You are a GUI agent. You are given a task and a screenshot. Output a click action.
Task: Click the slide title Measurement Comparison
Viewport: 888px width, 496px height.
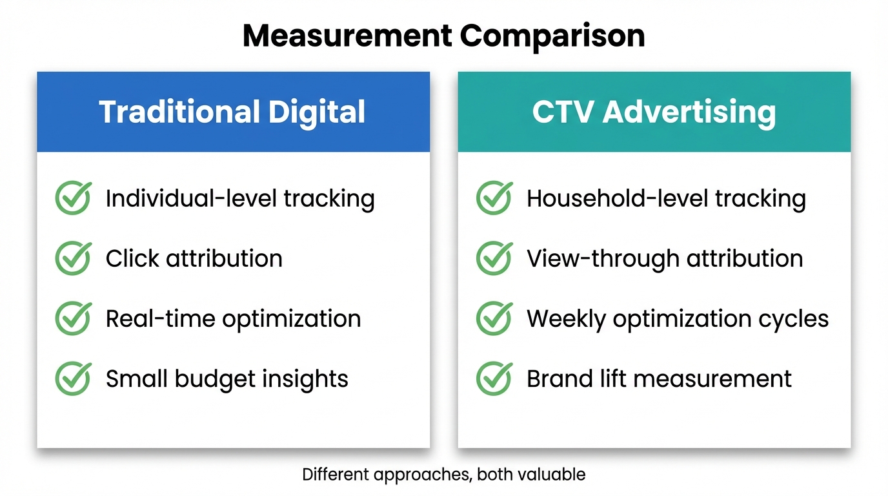coord(443,37)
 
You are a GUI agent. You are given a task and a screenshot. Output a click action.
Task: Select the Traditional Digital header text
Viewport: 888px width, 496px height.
coord(232,112)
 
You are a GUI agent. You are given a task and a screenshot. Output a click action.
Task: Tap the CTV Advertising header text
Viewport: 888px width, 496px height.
coord(654,112)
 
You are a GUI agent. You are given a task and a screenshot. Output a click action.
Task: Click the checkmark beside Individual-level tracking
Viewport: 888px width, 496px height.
coord(73,198)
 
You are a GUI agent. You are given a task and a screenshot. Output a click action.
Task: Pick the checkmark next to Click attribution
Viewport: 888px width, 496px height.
coord(73,258)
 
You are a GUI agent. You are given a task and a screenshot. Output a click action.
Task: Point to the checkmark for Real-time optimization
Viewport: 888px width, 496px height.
coord(73,318)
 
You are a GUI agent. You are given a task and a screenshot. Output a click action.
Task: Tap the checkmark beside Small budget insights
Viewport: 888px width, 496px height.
coord(73,378)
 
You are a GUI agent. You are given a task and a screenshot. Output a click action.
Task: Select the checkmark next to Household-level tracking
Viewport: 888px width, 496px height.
coord(494,198)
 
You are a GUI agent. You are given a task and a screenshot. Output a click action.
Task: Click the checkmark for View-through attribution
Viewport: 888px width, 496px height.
coord(494,258)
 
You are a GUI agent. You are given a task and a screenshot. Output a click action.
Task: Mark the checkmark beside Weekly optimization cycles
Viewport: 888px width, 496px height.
coord(494,318)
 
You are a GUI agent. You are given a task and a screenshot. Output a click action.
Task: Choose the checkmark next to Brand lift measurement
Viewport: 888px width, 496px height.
coord(494,378)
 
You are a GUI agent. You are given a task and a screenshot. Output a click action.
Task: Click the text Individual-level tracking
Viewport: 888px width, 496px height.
coord(240,198)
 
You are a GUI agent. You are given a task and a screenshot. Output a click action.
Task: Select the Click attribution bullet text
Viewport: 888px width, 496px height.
coord(194,258)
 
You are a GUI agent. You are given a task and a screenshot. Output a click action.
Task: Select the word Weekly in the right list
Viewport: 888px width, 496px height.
coord(566,319)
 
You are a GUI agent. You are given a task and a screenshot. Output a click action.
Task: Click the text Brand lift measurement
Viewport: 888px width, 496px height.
coord(659,379)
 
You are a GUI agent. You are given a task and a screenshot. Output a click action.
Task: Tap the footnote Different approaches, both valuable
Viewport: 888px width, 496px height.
coord(443,475)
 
